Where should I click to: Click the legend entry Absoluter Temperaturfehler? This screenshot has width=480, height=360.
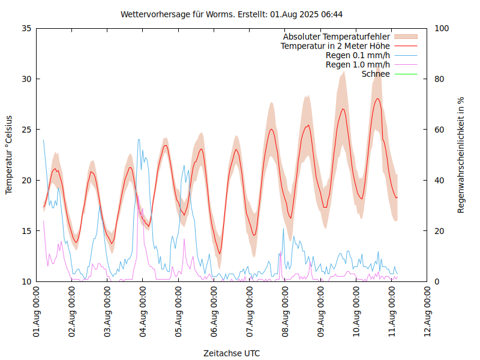click(337, 37)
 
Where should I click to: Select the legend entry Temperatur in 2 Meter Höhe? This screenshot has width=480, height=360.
click(335, 46)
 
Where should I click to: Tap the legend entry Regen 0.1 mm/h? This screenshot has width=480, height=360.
click(358, 55)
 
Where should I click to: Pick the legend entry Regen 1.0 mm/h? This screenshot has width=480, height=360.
click(358, 64)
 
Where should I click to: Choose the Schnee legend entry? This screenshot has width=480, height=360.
click(376, 74)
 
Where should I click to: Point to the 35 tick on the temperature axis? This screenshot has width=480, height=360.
click(26, 28)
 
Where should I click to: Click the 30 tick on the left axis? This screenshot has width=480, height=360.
click(26, 79)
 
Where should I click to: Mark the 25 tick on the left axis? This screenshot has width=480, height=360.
click(26, 130)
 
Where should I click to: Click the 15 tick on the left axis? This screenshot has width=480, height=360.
click(26, 231)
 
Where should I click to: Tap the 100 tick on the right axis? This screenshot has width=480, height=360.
click(442, 28)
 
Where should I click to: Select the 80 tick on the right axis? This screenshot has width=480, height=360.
click(439, 79)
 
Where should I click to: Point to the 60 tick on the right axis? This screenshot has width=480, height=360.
click(439, 130)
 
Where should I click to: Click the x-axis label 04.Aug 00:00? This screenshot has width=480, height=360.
click(143, 313)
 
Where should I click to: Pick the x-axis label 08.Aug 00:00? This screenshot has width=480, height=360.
click(286, 313)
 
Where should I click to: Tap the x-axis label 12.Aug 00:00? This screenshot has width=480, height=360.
click(428, 313)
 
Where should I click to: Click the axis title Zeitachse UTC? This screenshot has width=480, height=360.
click(232, 353)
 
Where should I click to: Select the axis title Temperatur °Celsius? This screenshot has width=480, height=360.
click(9, 154)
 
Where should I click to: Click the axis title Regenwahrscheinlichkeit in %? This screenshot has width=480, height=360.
click(461, 154)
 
